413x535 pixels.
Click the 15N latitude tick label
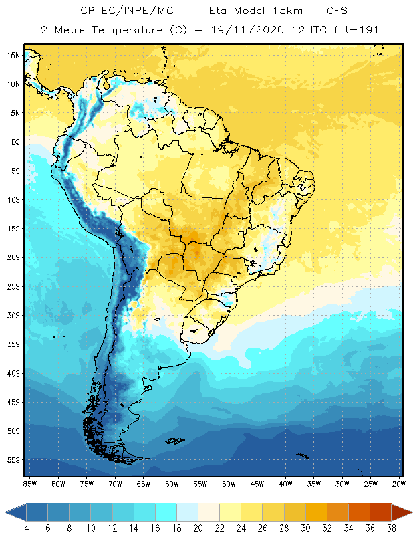click(x=14, y=56)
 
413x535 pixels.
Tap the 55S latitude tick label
click(x=14, y=460)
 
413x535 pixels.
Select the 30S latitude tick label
click(x=14, y=316)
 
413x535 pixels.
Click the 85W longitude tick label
click(x=29, y=484)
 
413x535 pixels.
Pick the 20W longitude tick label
click(x=398, y=484)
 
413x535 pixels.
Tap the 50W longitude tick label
click(x=229, y=484)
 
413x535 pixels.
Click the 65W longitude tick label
click(x=143, y=484)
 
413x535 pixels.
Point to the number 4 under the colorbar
click(x=27, y=528)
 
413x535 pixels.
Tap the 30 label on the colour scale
click(x=305, y=528)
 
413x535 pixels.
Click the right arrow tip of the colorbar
click(x=410, y=512)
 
